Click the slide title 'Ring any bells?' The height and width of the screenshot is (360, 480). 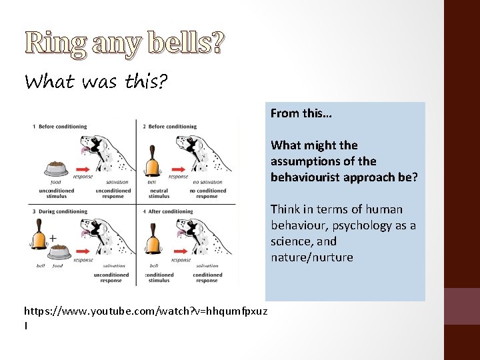coord(125,43)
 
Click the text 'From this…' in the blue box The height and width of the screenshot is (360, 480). coord(301,113)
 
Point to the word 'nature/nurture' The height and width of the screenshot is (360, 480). coord(311,257)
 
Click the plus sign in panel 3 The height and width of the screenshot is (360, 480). coord(52,237)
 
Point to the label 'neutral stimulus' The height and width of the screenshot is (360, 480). coord(159,193)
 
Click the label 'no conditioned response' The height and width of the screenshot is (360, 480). coord(207,193)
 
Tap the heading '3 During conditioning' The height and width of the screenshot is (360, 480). coord(59,211)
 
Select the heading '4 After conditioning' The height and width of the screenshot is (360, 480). coord(167,211)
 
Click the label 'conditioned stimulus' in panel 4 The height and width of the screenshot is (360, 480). coord(159,277)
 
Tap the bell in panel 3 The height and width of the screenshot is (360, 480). coord(39,239)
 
